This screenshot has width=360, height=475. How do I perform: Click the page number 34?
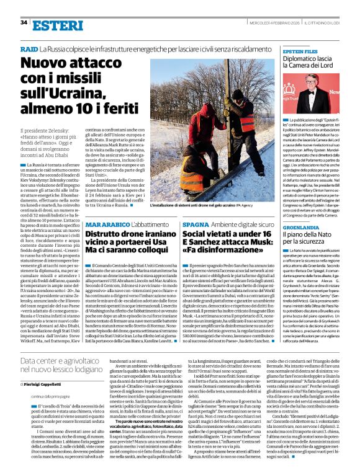click(x=24, y=22)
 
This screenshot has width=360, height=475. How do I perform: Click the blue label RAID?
click(x=29, y=48)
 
